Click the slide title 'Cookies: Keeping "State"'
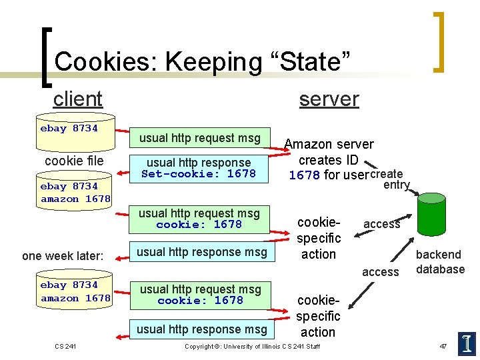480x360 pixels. click(202, 61)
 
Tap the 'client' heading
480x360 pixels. click(77, 99)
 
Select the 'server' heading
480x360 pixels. click(329, 99)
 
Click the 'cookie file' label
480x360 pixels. click(74, 161)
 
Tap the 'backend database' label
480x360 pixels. click(439, 262)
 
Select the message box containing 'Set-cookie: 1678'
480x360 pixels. click(199, 168)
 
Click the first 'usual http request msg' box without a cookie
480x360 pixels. click(199, 138)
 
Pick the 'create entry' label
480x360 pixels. click(390, 179)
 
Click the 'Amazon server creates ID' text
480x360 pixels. click(329, 152)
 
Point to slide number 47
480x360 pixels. click(443, 345)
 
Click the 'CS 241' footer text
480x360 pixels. click(65, 345)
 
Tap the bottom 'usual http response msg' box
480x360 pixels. click(201, 329)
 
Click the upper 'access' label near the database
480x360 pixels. click(381, 224)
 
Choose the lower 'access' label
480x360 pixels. click(380, 272)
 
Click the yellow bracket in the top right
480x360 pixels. click(439, 41)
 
